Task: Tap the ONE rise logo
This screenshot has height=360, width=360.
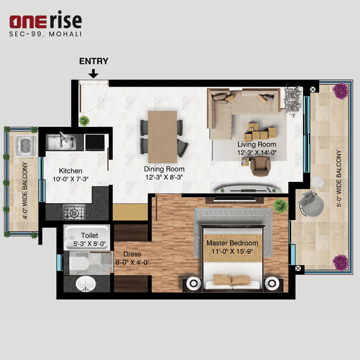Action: [45, 21]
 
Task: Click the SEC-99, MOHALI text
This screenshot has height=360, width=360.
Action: [45, 34]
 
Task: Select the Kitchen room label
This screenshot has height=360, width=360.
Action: [70, 171]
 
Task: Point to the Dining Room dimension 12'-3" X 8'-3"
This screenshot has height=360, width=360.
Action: [164, 177]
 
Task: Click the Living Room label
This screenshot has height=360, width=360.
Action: [257, 144]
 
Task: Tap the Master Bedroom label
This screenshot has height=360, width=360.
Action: [232, 243]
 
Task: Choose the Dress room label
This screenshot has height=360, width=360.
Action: [132, 254]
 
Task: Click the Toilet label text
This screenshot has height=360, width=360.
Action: [89, 236]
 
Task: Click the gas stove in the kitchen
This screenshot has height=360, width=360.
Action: [74, 213]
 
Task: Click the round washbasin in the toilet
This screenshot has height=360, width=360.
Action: [86, 284]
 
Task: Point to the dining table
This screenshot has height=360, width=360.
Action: [162, 137]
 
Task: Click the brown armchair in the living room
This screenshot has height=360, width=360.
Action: [260, 166]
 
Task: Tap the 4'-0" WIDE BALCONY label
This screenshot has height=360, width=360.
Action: [24, 190]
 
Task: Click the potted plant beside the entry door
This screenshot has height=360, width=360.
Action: [84, 120]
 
